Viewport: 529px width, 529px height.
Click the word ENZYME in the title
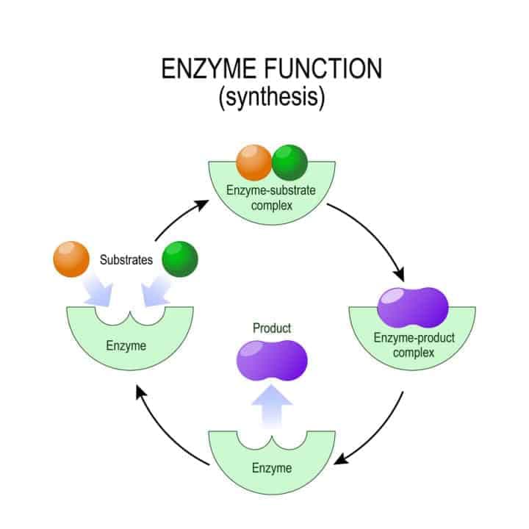click(x=201, y=70)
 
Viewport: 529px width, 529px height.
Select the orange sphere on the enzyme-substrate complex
click(x=253, y=163)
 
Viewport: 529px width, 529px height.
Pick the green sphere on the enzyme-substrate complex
click(x=289, y=163)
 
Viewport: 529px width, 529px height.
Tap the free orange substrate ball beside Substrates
click(x=71, y=259)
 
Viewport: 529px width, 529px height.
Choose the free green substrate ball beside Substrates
click(x=180, y=259)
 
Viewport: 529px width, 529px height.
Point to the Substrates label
click(x=126, y=260)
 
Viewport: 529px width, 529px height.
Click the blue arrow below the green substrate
click(x=156, y=293)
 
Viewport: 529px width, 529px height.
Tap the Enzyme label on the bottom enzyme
click(x=271, y=467)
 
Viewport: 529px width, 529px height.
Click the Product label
click(x=271, y=328)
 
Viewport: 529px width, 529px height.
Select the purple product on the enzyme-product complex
click(x=412, y=306)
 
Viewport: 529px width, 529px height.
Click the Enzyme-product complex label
click(x=414, y=346)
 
